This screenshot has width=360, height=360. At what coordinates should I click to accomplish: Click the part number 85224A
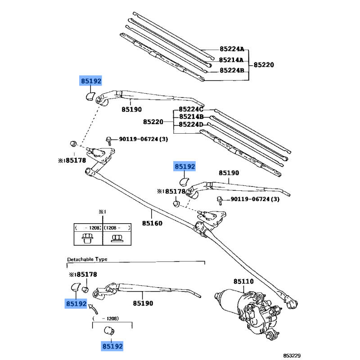click(x=231, y=49)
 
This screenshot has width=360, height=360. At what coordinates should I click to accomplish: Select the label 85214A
click(x=231, y=60)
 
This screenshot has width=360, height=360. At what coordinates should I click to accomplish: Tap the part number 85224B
click(x=231, y=71)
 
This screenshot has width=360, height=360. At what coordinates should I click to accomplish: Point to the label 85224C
click(x=191, y=109)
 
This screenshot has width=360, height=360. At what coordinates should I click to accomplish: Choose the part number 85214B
click(x=191, y=117)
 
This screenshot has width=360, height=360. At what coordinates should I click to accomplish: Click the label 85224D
click(x=191, y=125)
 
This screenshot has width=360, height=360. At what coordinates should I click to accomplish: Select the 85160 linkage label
click(x=152, y=223)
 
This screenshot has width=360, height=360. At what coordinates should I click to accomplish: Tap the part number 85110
click(x=243, y=282)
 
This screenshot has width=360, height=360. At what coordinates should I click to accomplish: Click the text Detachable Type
click(x=87, y=260)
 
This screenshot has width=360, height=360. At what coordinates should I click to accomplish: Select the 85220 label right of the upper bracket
click(x=263, y=65)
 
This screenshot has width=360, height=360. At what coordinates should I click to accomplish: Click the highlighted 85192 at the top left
click(x=91, y=81)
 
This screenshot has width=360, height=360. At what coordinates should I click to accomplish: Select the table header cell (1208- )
click(x=117, y=228)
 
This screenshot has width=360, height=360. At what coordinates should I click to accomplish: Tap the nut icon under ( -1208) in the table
click(x=88, y=238)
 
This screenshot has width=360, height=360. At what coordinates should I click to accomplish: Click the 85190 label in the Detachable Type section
click(x=143, y=304)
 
